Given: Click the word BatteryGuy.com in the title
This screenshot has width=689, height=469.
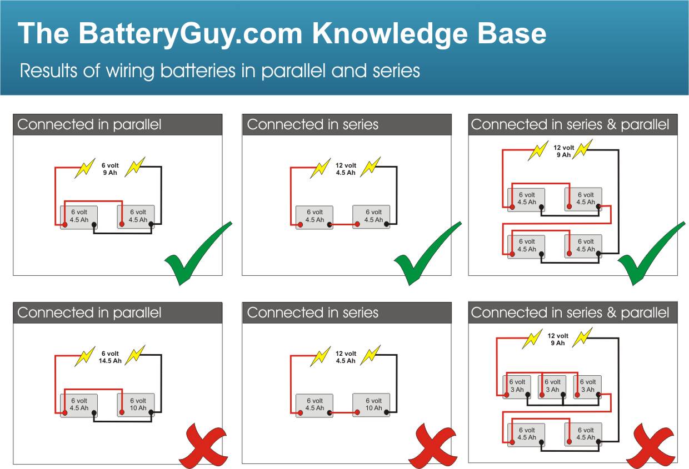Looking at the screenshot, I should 191,34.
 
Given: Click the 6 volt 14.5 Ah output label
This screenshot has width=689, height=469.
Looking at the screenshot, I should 110,357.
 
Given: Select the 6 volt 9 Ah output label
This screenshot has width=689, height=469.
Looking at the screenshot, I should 109,169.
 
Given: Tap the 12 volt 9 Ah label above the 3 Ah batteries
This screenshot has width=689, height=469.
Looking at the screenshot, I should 557,339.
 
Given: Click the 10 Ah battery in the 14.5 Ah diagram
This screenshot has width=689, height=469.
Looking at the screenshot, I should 136,405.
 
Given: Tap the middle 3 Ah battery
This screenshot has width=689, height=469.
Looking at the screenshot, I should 552,386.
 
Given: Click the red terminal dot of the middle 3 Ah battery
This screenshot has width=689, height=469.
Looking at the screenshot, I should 541,395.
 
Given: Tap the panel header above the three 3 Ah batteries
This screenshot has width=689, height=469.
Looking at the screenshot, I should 573,312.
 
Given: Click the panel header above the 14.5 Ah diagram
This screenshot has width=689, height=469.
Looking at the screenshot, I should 117,312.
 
